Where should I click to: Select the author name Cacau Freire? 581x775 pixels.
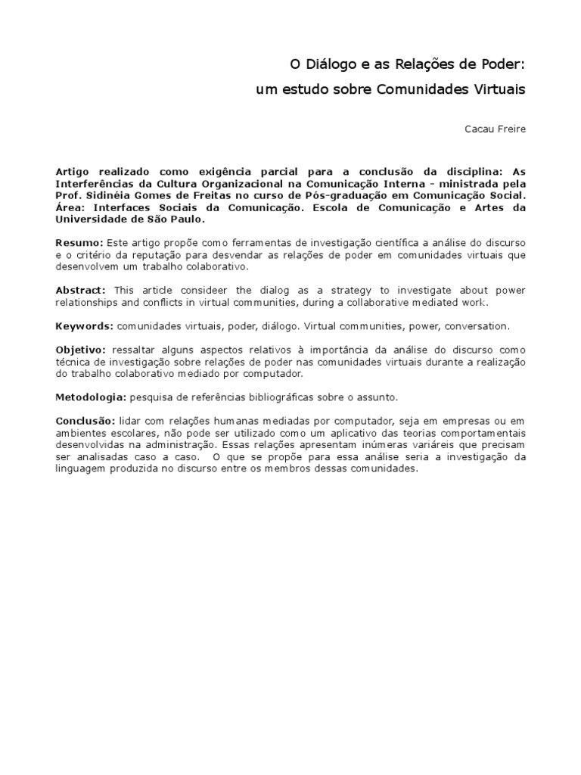pos(495,129)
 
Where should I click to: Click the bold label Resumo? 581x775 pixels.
pos(79,242)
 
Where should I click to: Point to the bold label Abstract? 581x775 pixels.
pos(82,291)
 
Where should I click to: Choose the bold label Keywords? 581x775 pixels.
pos(85,326)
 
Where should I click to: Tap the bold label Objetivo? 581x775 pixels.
pos(82,350)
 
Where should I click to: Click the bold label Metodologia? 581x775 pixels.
pos(91,397)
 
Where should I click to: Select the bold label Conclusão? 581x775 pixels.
pos(85,421)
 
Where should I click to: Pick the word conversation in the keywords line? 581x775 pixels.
pos(479,326)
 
